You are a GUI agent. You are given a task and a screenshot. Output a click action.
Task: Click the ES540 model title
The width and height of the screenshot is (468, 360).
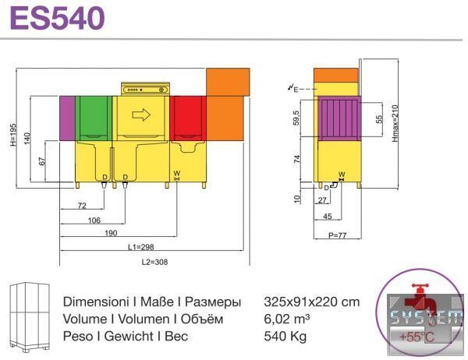tap(57, 18)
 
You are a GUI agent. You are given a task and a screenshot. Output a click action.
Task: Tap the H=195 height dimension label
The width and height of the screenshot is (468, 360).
tap(13, 135)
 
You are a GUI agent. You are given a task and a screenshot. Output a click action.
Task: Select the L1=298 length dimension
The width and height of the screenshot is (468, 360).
tap(141, 247)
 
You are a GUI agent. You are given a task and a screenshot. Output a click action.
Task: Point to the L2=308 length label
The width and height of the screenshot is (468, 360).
tap(154, 262)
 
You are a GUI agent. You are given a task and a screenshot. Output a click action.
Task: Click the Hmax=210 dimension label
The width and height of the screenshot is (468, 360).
tap(395, 123)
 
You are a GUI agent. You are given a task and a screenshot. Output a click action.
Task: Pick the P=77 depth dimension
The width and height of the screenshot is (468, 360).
tap(337, 235)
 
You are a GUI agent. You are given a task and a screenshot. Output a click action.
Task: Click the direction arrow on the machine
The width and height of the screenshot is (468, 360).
tap(141, 115)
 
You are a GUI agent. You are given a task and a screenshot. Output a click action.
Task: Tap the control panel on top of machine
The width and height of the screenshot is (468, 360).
tap(145, 90)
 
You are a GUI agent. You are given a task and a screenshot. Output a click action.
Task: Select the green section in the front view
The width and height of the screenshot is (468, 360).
tap(94, 118)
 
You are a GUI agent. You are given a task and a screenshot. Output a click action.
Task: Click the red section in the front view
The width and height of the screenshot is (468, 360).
tap(188, 118)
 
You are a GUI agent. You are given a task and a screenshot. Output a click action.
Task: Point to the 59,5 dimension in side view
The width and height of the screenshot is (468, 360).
tap(296, 118)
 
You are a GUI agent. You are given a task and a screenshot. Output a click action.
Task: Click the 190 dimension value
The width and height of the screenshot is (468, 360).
tap(111, 233)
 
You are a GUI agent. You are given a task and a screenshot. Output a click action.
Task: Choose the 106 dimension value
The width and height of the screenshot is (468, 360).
tap(94, 221)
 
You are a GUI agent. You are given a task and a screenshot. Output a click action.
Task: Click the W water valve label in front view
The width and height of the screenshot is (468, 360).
tap(177, 173)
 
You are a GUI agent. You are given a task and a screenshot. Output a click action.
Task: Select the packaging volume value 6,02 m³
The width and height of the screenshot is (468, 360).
tap(287, 319)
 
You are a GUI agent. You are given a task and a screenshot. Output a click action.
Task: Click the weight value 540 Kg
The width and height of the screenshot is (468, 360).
tap(285, 337)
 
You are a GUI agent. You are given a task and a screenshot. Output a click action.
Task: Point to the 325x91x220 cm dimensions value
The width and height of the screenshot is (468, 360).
tap(311, 302)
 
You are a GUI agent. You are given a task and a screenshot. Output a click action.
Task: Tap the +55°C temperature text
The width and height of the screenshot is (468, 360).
tap(417, 337)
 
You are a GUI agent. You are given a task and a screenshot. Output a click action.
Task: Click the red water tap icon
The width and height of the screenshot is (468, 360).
tap(420, 300)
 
